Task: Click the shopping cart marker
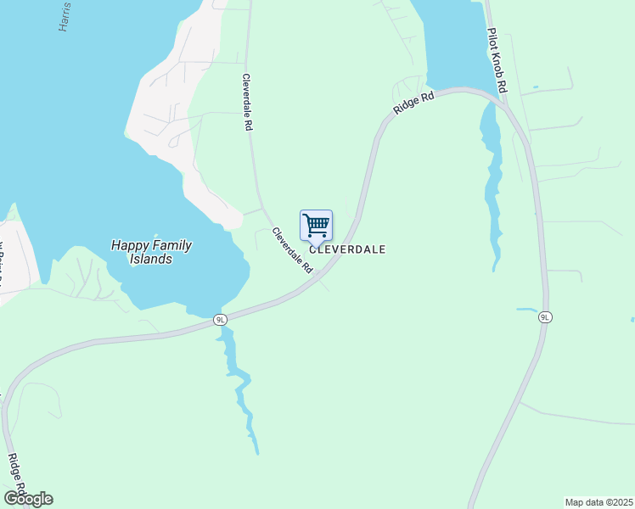pyautogui.click(x=316, y=226)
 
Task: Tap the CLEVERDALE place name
pyautogui.click(x=347, y=249)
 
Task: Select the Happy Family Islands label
pyautogui.click(x=151, y=252)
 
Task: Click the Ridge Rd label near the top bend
pyautogui.click(x=413, y=103)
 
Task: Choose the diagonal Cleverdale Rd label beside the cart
pyautogui.click(x=293, y=249)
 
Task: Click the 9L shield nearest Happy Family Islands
pyautogui.click(x=221, y=320)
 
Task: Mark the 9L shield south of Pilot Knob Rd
pyautogui.click(x=545, y=317)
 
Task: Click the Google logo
pyautogui.click(x=28, y=499)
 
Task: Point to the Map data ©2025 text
pyautogui.click(x=598, y=502)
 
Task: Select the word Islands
pyautogui.click(x=152, y=259)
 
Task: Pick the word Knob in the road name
pyautogui.click(x=497, y=61)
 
